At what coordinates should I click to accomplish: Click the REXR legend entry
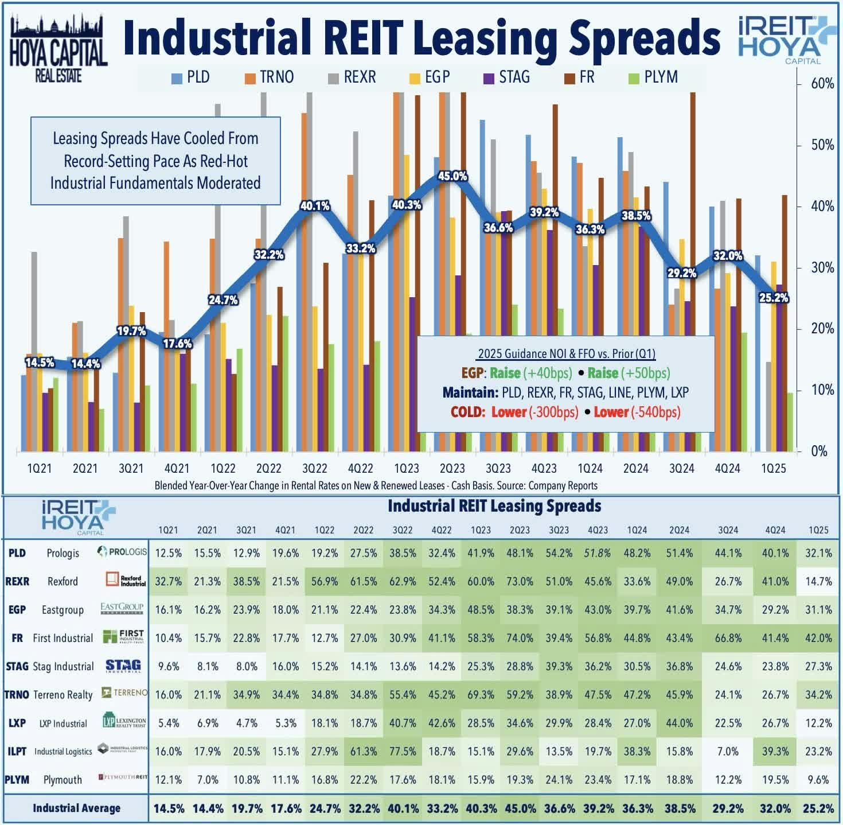point(352,77)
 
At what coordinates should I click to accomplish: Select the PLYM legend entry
point(654,77)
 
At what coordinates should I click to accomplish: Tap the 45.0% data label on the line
point(452,176)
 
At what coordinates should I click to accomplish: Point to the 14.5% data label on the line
point(40,362)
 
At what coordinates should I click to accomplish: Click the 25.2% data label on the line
point(773,297)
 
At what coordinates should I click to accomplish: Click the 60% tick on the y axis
point(822,84)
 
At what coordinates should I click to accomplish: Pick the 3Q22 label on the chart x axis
point(314,469)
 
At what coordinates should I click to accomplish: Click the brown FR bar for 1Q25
point(784,321)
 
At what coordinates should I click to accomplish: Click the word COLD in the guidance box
point(469,412)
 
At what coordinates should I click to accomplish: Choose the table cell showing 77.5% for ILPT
point(403,751)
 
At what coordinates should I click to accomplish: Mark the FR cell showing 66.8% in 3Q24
point(728,638)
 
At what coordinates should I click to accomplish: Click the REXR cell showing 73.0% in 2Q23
point(520,581)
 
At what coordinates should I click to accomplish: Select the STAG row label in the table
point(17,666)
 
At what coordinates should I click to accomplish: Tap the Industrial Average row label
point(76,808)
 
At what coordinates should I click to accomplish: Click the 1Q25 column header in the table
point(818,530)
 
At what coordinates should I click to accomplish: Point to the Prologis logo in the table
point(122,552)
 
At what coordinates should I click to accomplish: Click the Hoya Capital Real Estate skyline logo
point(58,49)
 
